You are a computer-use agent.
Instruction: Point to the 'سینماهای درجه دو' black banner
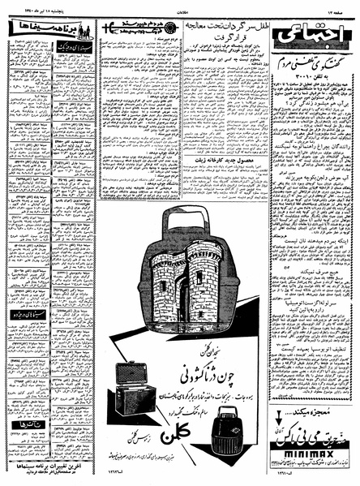point(28,312)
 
